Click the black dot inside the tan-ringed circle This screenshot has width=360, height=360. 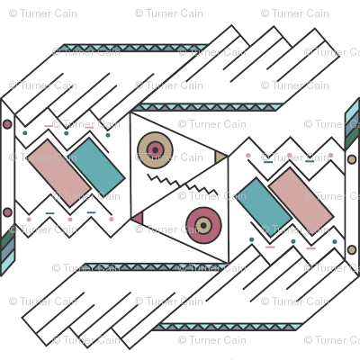coord(155,150)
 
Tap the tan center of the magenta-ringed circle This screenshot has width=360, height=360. coord(203,225)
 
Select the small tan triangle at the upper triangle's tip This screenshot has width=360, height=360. coord(220,157)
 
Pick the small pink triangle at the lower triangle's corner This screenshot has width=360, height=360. coord(138,218)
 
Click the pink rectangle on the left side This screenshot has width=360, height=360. coord(58,173)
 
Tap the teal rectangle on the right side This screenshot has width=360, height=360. coord(264,207)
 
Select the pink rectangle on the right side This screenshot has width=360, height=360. coord(301,201)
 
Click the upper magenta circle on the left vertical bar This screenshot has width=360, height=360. coord(7,124)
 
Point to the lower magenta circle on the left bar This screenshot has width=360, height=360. coord(7,212)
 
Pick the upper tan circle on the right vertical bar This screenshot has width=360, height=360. coord(352,159)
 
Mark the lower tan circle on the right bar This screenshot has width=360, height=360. coord(352,249)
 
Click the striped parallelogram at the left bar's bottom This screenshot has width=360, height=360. coord(7,253)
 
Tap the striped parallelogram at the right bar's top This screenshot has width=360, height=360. coord(352,124)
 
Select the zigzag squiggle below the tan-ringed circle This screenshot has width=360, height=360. coord(164,180)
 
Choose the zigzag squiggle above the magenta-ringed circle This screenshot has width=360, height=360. coord(202,190)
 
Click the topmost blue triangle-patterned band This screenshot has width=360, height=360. coord(136,48)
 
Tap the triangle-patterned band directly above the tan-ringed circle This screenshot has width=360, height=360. coord(208,107)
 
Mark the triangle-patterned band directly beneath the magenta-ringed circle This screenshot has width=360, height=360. coord(155,267)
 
